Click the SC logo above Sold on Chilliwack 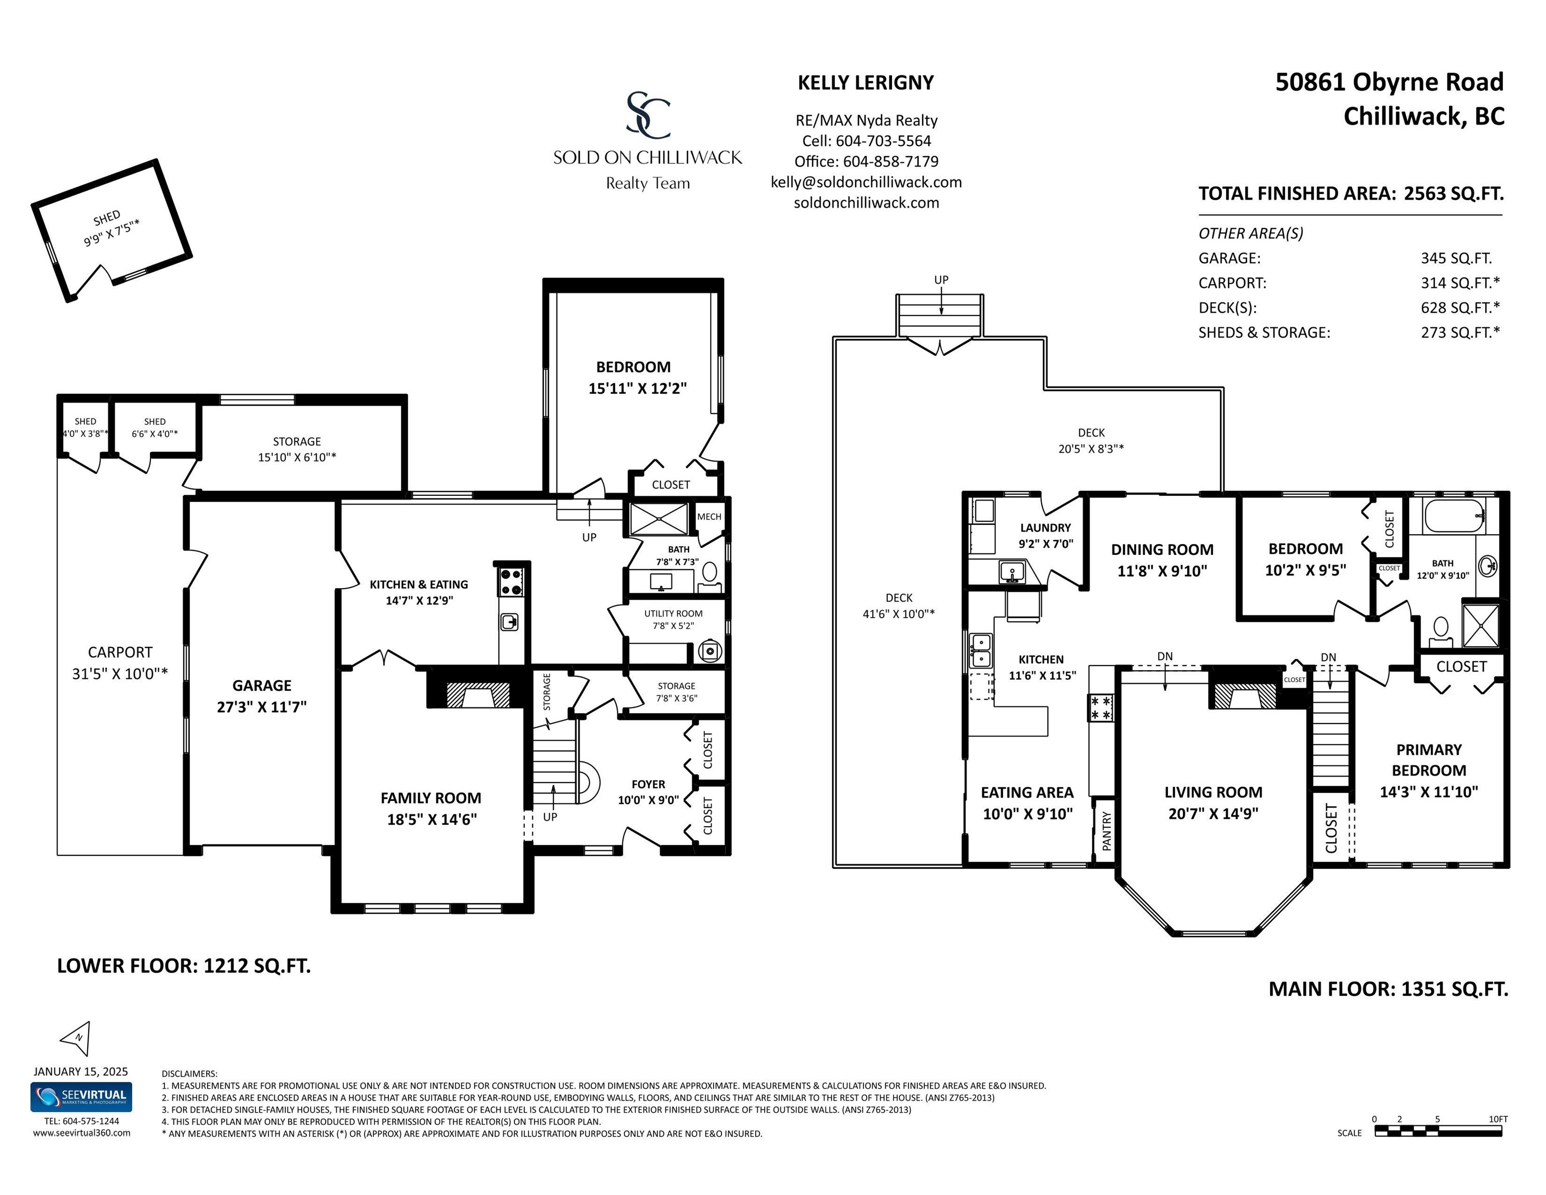click(x=648, y=115)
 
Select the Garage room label click(x=262, y=685)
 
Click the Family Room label click(x=431, y=798)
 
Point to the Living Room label click(x=1213, y=792)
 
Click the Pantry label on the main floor click(x=1106, y=830)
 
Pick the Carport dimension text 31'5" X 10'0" click(x=120, y=673)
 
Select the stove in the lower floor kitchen click(x=511, y=581)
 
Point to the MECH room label click(x=709, y=517)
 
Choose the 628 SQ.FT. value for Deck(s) click(x=1459, y=307)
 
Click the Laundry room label click(x=1046, y=527)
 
